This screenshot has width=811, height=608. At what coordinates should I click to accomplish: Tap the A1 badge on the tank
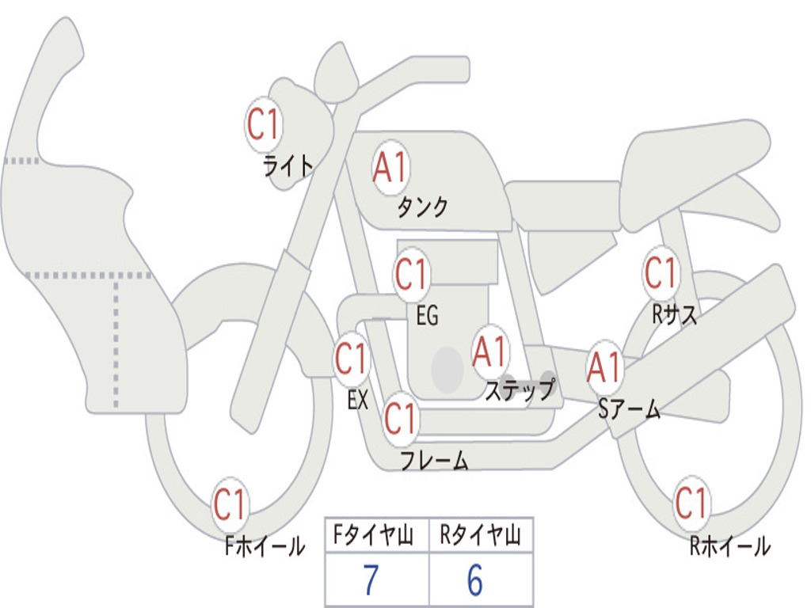[x=390, y=169]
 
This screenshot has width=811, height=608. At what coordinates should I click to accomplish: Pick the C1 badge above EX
[x=352, y=359]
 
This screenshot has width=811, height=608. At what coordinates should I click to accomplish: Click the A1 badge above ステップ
[x=490, y=351]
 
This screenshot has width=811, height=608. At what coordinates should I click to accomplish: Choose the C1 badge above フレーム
[x=401, y=418]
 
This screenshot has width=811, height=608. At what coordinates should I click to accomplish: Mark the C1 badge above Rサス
[x=661, y=274]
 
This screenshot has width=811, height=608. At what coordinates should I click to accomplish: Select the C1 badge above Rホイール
[x=691, y=503]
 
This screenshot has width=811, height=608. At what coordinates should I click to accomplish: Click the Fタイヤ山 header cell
[x=376, y=537]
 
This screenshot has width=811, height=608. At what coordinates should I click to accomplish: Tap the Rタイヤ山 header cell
[x=481, y=537]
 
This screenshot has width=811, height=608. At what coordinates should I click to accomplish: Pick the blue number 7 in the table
[x=371, y=581]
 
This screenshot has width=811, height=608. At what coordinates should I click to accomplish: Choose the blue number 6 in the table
[x=474, y=581]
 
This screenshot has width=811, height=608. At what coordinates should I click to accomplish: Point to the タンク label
[x=422, y=207]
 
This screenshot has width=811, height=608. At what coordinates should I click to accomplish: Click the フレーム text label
[x=434, y=460]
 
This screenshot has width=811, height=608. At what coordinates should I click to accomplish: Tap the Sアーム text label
[x=629, y=409]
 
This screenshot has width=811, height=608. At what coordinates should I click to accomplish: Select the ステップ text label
[x=520, y=391]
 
